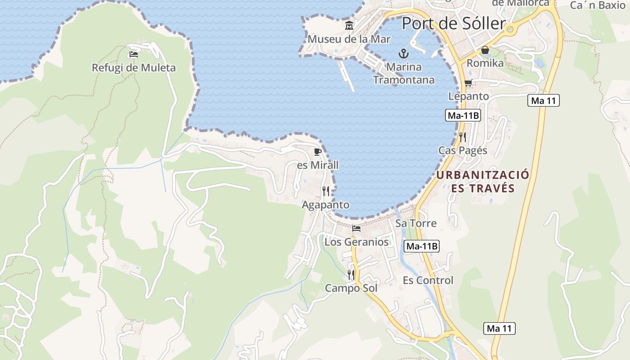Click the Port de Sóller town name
(453, 23)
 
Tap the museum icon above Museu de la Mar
(349, 26)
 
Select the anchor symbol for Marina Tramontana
(404, 54)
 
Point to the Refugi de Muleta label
(134, 68)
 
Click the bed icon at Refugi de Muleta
(134, 54)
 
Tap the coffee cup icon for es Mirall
(317, 152)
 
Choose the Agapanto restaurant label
(325, 205)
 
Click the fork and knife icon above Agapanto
(326, 191)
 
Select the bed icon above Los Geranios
(356, 229)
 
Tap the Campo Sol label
(351, 288)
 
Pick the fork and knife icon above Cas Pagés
(463, 137)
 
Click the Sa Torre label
(416, 223)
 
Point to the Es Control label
(428, 280)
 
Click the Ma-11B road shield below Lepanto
(463, 116)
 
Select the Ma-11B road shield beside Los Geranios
(422, 246)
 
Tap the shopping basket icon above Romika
(485, 50)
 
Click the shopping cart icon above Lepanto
(468, 83)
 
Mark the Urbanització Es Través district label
(483, 181)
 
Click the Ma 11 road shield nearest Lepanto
(544, 101)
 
